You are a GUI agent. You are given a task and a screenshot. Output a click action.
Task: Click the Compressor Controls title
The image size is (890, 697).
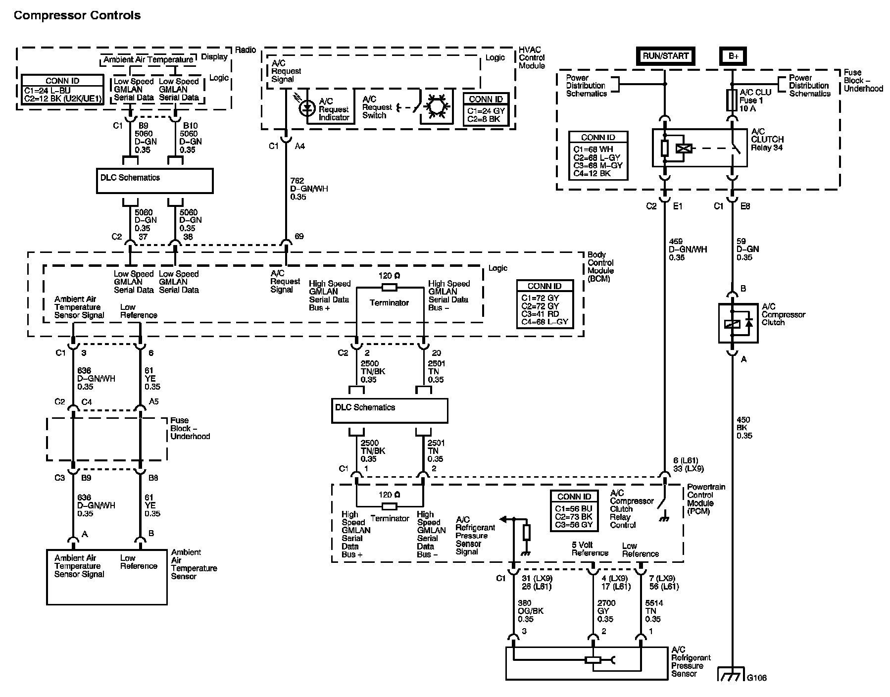77,16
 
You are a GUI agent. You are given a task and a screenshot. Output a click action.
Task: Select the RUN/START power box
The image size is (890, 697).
666,56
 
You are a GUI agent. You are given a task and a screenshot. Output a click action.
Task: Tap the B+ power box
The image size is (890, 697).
733,56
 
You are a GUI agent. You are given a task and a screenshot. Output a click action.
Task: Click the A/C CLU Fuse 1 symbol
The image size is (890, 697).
732,100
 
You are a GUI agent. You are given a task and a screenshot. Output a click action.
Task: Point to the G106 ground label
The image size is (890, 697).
756,678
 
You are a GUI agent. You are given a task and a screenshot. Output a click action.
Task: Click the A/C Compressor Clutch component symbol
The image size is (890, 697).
738,324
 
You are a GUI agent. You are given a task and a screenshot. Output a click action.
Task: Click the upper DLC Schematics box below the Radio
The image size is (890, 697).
154,181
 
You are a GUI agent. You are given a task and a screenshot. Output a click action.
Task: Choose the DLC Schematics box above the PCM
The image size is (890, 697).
390,410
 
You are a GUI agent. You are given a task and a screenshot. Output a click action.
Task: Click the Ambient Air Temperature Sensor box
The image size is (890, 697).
107,577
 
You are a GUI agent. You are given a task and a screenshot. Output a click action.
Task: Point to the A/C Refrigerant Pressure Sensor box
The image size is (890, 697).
586,663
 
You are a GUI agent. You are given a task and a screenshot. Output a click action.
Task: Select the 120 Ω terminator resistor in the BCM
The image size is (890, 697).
390,288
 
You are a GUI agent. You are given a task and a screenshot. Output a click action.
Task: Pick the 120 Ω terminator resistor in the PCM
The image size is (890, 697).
390,506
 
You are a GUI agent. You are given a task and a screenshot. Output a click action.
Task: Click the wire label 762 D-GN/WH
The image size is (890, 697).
308,189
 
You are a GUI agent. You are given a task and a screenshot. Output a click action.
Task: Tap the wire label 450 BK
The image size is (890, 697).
744,428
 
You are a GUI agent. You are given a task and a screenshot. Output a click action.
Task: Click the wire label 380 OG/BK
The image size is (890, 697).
530,611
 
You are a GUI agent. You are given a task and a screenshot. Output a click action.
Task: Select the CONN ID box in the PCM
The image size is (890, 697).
574,511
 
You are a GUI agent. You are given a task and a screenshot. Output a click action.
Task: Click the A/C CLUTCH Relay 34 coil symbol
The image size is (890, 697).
686,148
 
